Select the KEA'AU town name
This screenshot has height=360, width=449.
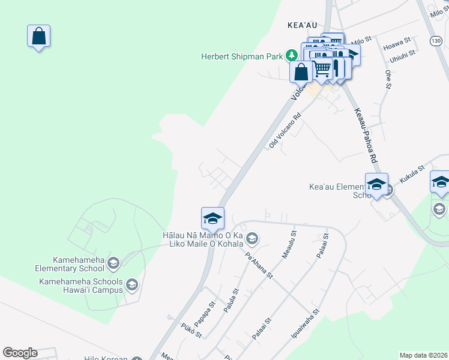point(301,25)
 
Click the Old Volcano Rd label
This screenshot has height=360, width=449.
point(285,132)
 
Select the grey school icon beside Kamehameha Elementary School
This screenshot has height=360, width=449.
point(114,263)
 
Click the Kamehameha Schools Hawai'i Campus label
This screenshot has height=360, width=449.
point(81,286)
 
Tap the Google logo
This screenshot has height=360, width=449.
point(20,353)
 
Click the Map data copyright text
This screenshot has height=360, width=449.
point(424,355)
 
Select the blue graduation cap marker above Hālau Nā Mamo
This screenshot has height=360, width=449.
point(212,218)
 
